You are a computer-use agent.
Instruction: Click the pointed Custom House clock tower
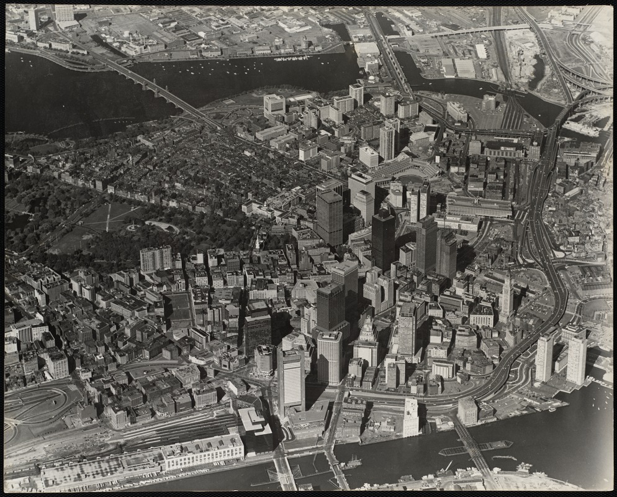coord(507,295)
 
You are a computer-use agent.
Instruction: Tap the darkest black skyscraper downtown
coord(383,239)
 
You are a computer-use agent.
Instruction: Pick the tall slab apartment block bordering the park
coord(155,258)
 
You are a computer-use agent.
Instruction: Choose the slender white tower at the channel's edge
coord(410,417)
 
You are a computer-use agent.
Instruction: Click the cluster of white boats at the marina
coord(291,58)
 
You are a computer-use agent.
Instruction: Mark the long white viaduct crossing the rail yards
coord(459,32)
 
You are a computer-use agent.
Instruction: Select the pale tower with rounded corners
coord(329,357)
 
